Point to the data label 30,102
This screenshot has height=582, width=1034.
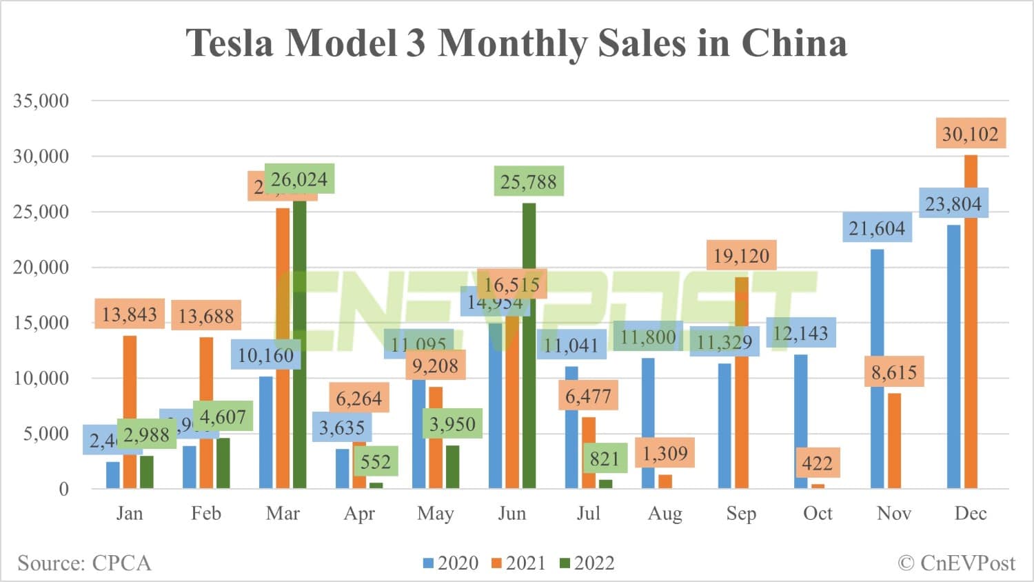[970, 134]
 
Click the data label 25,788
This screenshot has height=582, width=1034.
[528, 181]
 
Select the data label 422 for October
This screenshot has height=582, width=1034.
[817, 463]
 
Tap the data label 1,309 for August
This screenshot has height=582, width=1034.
[665, 453]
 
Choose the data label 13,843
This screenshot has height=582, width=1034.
[130, 314]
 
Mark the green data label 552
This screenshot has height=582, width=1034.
[376, 461]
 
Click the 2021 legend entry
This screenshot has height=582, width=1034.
[518, 563]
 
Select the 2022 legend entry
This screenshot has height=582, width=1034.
[587, 563]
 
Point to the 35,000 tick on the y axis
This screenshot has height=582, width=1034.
[41, 101]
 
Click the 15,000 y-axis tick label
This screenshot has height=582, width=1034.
[41, 323]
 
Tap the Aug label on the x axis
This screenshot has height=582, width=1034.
[665, 514]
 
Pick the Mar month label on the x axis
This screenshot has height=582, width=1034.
[283, 514]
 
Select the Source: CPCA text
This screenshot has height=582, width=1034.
[84, 563]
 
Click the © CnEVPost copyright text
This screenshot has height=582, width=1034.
[956, 563]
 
